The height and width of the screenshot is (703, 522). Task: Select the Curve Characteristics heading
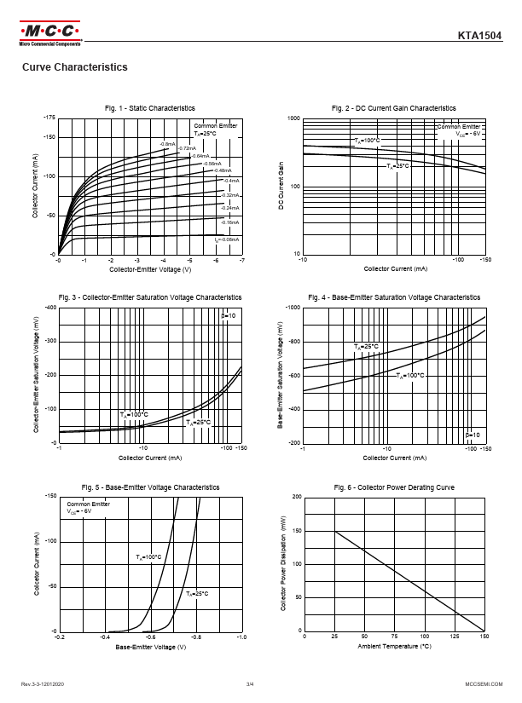point(74,67)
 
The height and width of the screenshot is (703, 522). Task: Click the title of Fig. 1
point(149,108)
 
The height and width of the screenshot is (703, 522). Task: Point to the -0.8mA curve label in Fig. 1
point(167,144)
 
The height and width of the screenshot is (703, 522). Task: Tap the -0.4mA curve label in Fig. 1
point(231,181)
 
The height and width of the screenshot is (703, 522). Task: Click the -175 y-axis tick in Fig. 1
point(49,117)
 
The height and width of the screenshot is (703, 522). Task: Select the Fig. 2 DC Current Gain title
point(393,108)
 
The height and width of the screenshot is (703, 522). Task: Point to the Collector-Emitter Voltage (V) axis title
point(149,269)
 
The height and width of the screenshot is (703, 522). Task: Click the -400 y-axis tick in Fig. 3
point(49,307)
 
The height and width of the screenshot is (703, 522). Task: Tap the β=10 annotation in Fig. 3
point(229,316)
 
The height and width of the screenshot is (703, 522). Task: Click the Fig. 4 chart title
point(394,297)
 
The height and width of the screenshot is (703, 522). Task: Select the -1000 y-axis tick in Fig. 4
point(292,307)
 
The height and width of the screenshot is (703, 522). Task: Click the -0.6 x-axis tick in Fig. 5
point(149,637)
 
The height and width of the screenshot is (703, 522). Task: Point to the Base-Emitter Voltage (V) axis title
point(150,648)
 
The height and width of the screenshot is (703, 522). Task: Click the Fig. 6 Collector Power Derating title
point(394,487)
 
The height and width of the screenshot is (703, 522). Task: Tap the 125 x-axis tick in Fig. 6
point(455,637)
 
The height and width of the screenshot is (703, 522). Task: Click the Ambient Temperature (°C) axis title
point(394,647)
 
